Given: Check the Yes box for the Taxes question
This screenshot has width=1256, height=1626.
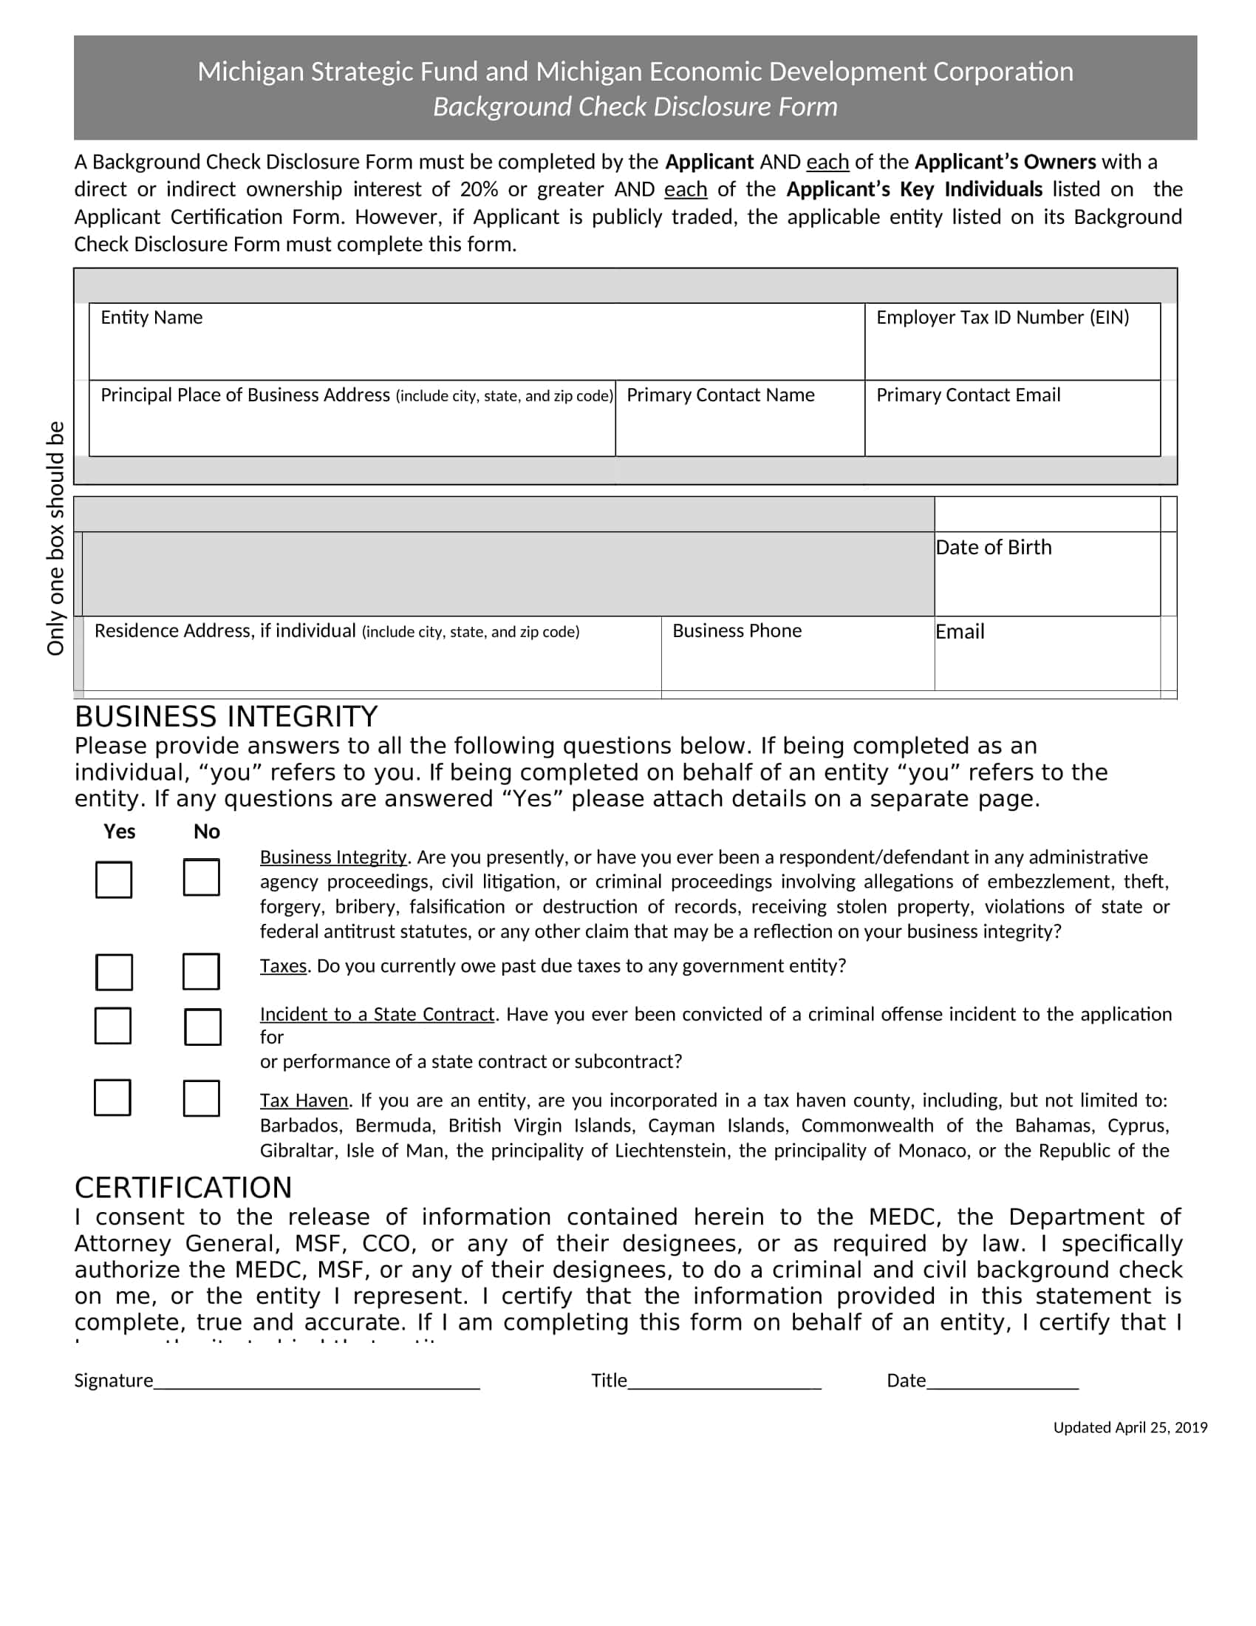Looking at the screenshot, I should pyautogui.click(x=114, y=973).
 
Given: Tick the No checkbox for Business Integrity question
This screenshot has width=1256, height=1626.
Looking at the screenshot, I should pyautogui.click(x=201, y=877).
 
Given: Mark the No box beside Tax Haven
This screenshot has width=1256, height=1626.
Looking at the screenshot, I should pyautogui.click(x=201, y=1098).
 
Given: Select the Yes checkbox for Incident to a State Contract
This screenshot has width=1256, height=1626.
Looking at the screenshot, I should pyautogui.click(x=113, y=1026).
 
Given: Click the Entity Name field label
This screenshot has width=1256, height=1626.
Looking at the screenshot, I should pyautogui.click(x=151, y=318).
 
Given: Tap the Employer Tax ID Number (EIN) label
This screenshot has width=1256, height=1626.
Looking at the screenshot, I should pyautogui.click(x=1003, y=318).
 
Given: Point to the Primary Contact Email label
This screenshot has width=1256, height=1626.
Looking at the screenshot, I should pyautogui.click(x=968, y=395).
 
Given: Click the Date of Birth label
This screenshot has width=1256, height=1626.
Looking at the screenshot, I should pyautogui.click(x=993, y=547).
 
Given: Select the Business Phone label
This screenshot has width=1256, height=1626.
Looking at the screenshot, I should pyautogui.click(x=737, y=631).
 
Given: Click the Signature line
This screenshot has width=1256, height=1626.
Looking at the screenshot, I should pyautogui.click(x=316, y=1383).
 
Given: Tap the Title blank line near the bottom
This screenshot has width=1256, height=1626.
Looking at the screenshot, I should pyautogui.click(x=724, y=1383).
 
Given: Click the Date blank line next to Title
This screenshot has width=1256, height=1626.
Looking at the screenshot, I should pyautogui.click(x=1003, y=1383).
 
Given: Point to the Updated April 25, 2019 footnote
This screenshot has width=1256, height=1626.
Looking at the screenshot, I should pyautogui.click(x=1130, y=1427).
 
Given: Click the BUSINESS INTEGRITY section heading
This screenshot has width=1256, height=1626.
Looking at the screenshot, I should pyautogui.click(x=226, y=717).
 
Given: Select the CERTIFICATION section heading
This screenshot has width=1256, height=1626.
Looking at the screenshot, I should pyautogui.click(x=183, y=1188).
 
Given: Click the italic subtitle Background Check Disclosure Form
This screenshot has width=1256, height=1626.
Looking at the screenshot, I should pyautogui.click(x=635, y=107).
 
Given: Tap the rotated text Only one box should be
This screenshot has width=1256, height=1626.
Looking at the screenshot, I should pyautogui.click(x=56, y=537).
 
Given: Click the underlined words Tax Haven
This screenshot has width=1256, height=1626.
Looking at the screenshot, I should pyautogui.click(x=304, y=1101).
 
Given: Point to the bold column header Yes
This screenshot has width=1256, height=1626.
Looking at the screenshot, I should pyautogui.click(x=119, y=831).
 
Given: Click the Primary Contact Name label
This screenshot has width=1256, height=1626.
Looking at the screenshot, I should pyautogui.click(x=720, y=395).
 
